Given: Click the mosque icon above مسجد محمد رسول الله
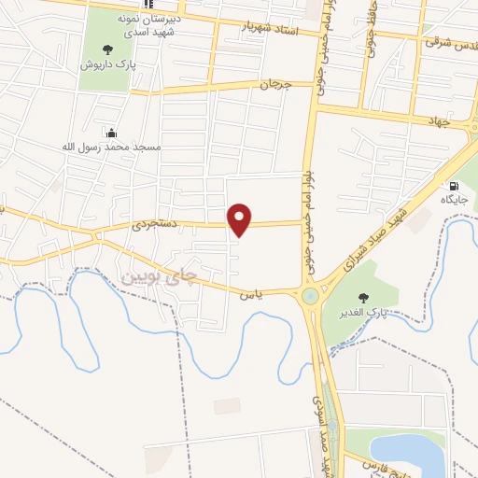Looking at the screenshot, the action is tap(111, 133).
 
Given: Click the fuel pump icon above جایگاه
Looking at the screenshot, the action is tap(455, 185).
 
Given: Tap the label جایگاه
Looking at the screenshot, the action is tap(456, 200).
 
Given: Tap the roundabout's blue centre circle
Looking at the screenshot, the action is tap(309, 297).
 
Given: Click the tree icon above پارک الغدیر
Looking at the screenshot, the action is tap(363, 297).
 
